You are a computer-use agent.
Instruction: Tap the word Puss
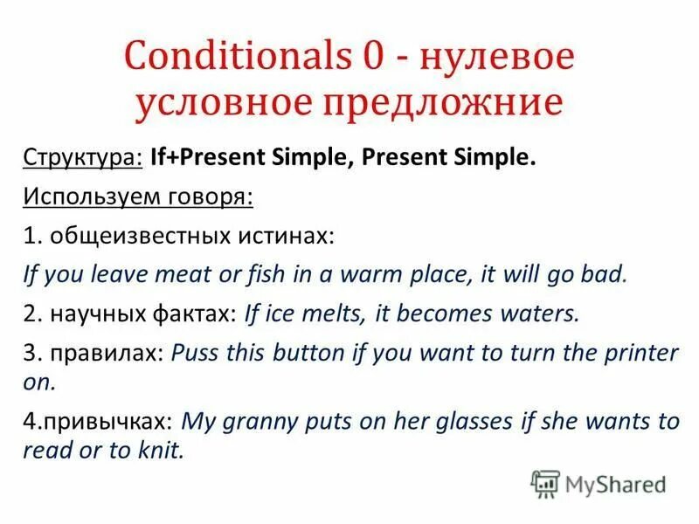(194, 353)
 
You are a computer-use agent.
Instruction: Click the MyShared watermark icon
(545, 483)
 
